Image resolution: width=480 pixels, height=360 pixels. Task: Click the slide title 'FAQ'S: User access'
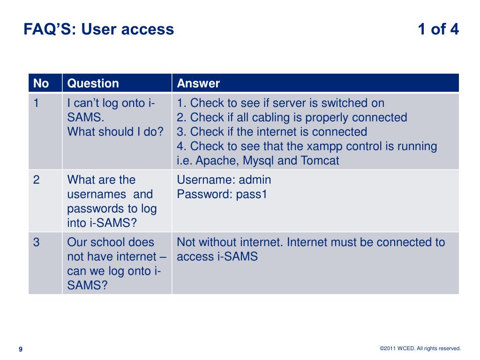(99, 30)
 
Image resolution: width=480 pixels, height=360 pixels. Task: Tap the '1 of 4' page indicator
(438, 30)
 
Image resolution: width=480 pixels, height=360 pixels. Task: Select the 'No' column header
(41, 83)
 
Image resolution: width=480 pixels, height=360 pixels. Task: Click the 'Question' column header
(93, 83)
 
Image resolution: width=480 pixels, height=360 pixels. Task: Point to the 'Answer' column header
(198, 83)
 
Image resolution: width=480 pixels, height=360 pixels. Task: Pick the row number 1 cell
(36, 103)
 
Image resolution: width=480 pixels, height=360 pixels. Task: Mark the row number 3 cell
(36, 242)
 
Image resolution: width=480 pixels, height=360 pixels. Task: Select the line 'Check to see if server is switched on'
(280, 103)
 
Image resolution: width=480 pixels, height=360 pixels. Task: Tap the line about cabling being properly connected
(292, 118)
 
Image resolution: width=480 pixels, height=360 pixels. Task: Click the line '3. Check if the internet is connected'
(272, 132)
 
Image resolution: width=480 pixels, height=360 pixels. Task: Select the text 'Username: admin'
(224, 180)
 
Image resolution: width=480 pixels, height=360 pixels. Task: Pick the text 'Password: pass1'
(222, 195)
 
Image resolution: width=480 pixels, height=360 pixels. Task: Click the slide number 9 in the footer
(20, 349)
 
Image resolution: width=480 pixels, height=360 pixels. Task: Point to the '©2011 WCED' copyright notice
(420, 348)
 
